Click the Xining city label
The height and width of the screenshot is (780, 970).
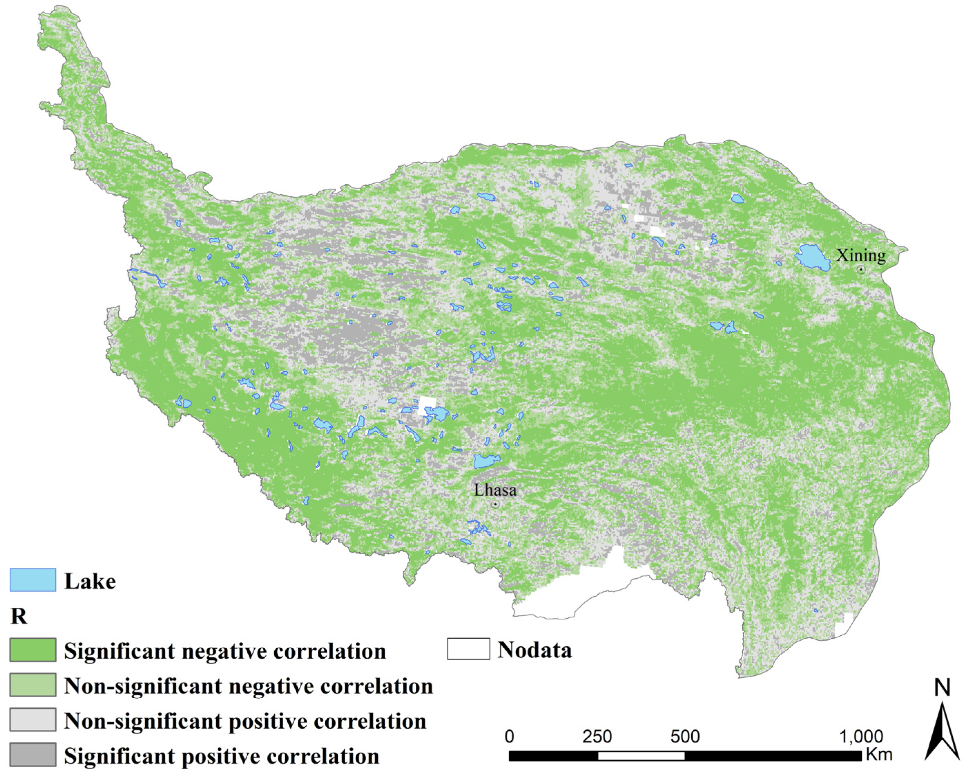[x=861, y=255]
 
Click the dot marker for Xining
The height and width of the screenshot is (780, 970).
[x=861, y=270]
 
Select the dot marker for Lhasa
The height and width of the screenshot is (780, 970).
[x=495, y=504]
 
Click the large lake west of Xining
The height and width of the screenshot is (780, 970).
[x=813, y=257]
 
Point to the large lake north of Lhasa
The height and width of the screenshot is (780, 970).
[x=486, y=461]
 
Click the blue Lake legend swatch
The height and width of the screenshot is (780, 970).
[x=33, y=580]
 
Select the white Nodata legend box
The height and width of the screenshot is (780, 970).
[x=468, y=649]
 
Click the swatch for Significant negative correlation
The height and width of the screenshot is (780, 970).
[x=33, y=650]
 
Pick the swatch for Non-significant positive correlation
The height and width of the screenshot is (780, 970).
[x=33, y=719]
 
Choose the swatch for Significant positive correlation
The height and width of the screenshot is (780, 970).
[x=33, y=754]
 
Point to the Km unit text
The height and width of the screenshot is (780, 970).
[x=879, y=754]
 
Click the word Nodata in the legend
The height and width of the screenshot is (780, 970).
[x=534, y=650]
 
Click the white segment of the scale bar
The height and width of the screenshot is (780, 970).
[x=641, y=756]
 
